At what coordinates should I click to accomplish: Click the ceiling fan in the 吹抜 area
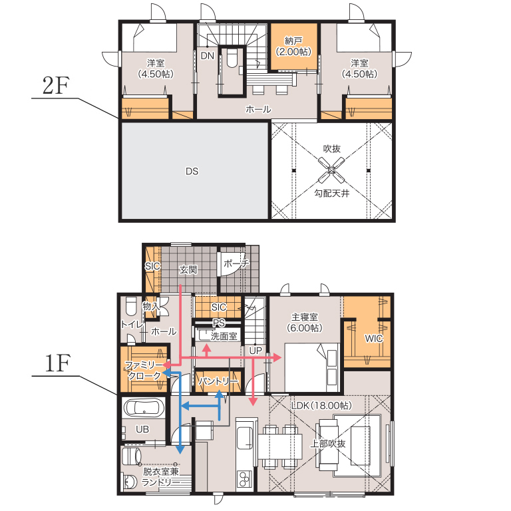point(331,170)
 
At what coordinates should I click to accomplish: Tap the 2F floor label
point(56,85)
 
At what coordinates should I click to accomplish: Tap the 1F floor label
point(57,363)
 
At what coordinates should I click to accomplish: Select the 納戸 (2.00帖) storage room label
point(293,47)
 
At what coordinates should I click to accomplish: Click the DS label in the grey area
point(192,171)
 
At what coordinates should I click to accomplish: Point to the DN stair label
point(208,56)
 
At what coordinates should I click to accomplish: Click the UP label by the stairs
point(255,351)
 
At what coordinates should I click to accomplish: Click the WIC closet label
point(373,339)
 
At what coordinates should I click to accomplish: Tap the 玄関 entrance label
point(188,269)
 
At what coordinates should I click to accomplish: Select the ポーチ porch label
point(236,263)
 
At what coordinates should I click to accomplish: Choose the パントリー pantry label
point(218,381)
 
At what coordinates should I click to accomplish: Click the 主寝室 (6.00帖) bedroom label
point(304,322)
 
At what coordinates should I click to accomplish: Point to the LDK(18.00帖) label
point(321,405)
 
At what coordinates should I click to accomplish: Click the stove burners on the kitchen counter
point(244,479)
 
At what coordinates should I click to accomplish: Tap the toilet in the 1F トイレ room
point(131,306)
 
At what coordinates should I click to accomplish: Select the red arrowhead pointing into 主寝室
point(277,357)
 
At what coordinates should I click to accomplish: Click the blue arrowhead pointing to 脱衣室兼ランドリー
point(180,449)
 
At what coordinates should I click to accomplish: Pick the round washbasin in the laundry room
point(130,482)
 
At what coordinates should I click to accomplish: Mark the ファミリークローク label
point(144,370)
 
